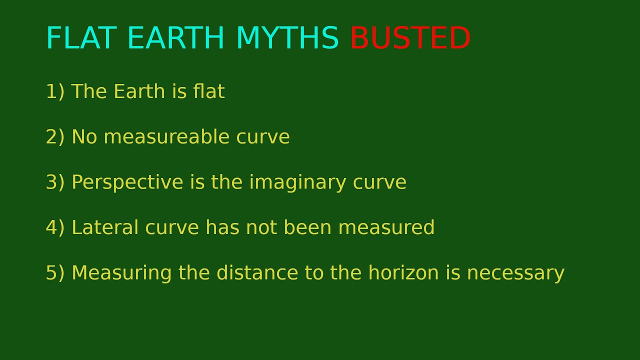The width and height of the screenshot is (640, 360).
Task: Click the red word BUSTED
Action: tap(410, 39)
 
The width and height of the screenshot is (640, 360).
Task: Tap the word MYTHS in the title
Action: tap(287, 39)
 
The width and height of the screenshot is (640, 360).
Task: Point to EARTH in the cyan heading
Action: tap(175, 39)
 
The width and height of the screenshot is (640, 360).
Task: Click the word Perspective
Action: tap(127, 183)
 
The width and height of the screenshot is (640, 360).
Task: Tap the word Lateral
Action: tap(105, 228)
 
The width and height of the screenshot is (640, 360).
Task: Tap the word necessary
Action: tap(515, 273)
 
